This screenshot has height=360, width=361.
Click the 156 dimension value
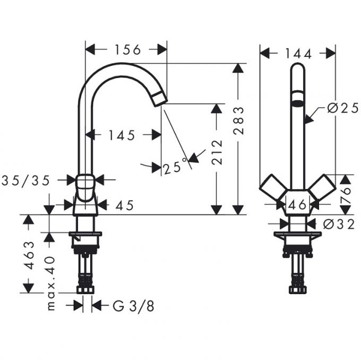(x=127, y=50)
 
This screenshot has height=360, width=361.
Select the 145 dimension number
(x=122, y=135)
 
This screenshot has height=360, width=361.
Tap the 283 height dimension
(x=238, y=121)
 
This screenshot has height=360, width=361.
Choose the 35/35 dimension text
(x=25, y=181)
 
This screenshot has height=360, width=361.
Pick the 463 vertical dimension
(x=29, y=255)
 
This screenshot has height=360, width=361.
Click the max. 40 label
(x=50, y=284)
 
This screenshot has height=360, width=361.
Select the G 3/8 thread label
(x=133, y=306)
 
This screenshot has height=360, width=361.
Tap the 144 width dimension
(x=298, y=54)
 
